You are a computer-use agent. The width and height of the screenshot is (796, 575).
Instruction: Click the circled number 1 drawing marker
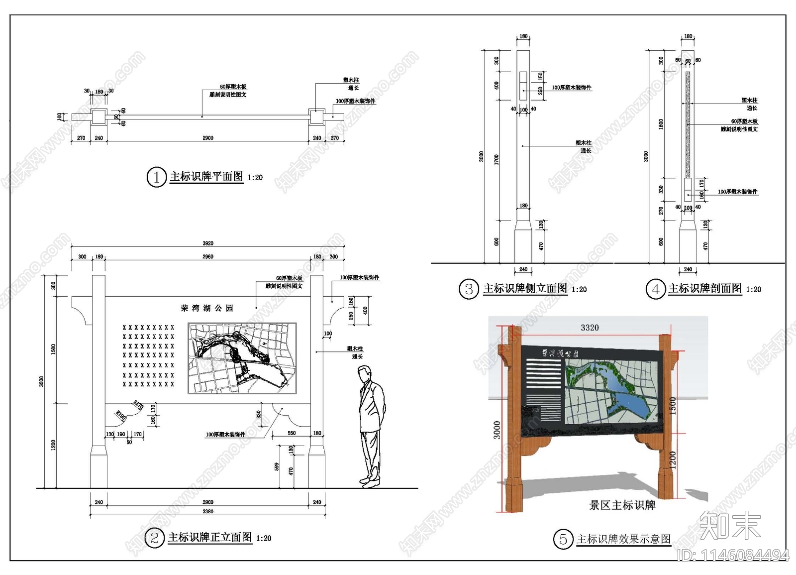156,177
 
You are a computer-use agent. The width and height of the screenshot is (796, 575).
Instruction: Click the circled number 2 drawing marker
154,538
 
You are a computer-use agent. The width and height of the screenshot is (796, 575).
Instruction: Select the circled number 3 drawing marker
469,289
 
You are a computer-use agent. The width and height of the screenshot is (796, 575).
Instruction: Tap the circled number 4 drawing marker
655,289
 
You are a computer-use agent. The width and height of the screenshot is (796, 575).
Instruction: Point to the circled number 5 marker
563,539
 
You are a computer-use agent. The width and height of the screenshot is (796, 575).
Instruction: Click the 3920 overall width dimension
208,243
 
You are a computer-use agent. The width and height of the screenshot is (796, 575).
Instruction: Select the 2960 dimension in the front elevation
208,257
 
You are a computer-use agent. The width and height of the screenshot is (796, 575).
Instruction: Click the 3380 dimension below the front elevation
208,511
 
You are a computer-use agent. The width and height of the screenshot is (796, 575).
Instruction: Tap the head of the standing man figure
366,373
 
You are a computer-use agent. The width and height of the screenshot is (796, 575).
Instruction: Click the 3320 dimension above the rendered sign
590,328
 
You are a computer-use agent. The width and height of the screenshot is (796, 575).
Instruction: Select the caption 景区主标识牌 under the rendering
622,505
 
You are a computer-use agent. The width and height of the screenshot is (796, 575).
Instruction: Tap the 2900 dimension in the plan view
208,138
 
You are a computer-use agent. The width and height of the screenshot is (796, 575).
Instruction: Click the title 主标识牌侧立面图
525,289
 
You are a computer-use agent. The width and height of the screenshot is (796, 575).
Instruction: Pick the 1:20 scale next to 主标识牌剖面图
753,290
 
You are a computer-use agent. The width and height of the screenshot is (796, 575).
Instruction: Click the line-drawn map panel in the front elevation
242,358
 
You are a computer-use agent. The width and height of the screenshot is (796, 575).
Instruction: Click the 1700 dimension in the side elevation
497,160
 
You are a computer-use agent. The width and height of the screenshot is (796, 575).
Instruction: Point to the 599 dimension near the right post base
277,466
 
